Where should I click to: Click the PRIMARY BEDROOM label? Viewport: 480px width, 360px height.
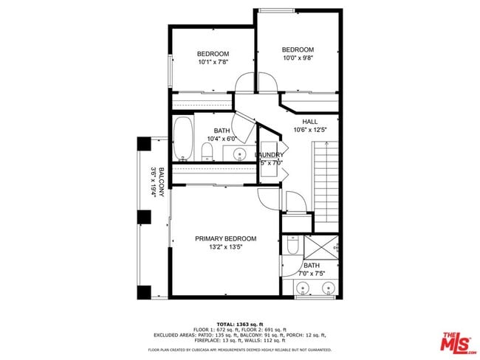pyautogui.click(x=225, y=238)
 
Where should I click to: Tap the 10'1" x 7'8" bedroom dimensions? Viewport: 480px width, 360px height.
pyautogui.click(x=213, y=63)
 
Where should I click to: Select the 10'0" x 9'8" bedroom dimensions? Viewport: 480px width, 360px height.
pyautogui.click(x=298, y=58)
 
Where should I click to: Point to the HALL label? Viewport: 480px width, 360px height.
pyautogui.click(x=310, y=122)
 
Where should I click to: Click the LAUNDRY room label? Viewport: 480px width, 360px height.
pyautogui.click(x=270, y=154)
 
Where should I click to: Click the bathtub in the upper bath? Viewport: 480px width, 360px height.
pyautogui.click(x=184, y=140)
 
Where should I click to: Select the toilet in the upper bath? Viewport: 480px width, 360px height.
pyautogui.click(x=208, y=153)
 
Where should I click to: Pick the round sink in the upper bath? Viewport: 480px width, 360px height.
pyautogui.click(x=239, y=153)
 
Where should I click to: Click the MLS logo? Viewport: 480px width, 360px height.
pyautogui.click(x=456, y=342)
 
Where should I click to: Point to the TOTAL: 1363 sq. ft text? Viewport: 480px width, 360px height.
pyautogui.click(x=239, y=324)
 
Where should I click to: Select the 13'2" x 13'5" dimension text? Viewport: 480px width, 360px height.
pyautogui.click(x=225, y=248)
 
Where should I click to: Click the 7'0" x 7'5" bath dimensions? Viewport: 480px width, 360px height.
pyautogui.click(x=312, y=274)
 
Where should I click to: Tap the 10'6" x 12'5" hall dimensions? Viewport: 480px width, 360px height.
pyautogui.click(x=310, y=130)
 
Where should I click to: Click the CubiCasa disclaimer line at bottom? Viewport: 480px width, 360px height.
pyautogui.click(x=239, y=350)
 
